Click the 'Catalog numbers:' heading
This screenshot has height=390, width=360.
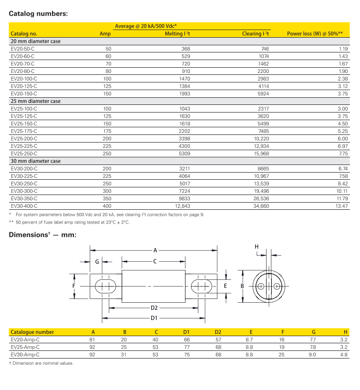click(x=39, y=13)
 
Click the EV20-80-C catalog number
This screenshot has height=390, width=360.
click(x=23, y=71)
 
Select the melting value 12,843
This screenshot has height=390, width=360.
click(x=183, y=205)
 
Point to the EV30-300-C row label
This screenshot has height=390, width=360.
click(x=24, y=191)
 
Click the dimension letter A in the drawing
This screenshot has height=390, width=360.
click(x=155, y=250)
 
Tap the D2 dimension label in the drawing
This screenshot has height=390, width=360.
click(x=154, y=308)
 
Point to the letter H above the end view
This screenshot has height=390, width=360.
click(x=257, y=246)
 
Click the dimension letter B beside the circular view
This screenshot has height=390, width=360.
click(x=242, y=286)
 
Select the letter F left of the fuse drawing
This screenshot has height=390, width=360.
click(x=74, y=286)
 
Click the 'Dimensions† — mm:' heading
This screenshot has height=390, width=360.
click(x=43, y=235)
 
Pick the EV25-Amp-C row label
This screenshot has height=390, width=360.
click(x=25, y=347)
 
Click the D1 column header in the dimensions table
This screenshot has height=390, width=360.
click(x=186, y=332)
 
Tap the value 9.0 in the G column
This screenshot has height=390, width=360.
click(x=313, y=355)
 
